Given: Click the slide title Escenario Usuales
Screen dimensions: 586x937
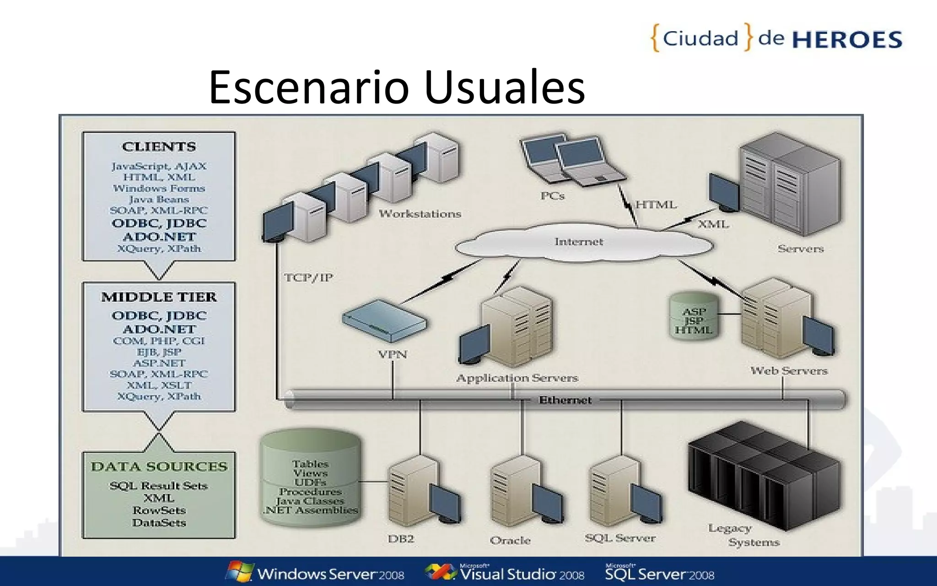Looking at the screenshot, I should pos(397,87).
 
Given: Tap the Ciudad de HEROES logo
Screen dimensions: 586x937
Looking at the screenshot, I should pos(776,38).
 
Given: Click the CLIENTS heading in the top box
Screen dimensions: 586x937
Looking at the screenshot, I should pos(159,147).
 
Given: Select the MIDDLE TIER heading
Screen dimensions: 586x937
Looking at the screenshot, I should pos(159,297).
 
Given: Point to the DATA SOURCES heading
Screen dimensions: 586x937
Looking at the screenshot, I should pos(159,467).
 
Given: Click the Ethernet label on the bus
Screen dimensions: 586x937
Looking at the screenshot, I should pos(565,400).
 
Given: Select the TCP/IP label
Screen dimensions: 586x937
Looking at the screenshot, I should pos(308,278).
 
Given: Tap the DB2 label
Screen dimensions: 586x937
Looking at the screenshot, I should pos(401,539).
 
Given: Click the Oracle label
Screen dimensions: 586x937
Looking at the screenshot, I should pos(510,541).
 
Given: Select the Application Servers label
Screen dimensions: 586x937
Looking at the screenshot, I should pos(517,378).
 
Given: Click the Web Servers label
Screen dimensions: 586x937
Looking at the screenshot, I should pos(789,371).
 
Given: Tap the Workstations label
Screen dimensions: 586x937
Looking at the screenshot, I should pos(420,214).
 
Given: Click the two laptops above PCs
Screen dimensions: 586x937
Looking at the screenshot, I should pos(572,160).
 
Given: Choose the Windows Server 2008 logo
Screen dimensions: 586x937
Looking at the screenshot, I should pos(316,573).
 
